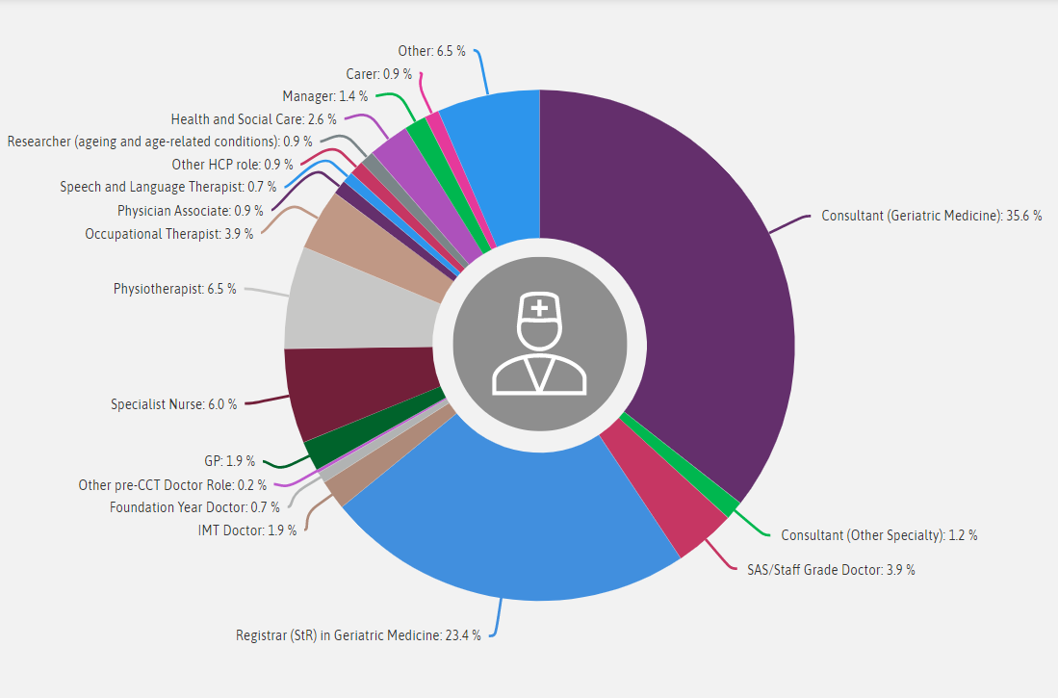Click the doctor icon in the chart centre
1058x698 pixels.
540,346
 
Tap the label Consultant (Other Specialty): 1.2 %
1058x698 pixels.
879,535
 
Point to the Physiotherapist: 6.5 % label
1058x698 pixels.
174,289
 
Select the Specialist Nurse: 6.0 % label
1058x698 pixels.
173,404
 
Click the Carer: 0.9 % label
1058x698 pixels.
378,74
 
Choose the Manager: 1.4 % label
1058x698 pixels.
325,96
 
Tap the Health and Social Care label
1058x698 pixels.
253,119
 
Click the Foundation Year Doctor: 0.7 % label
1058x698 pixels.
194,507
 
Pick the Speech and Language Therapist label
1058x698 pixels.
168,187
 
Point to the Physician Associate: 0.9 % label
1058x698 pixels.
185,210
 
